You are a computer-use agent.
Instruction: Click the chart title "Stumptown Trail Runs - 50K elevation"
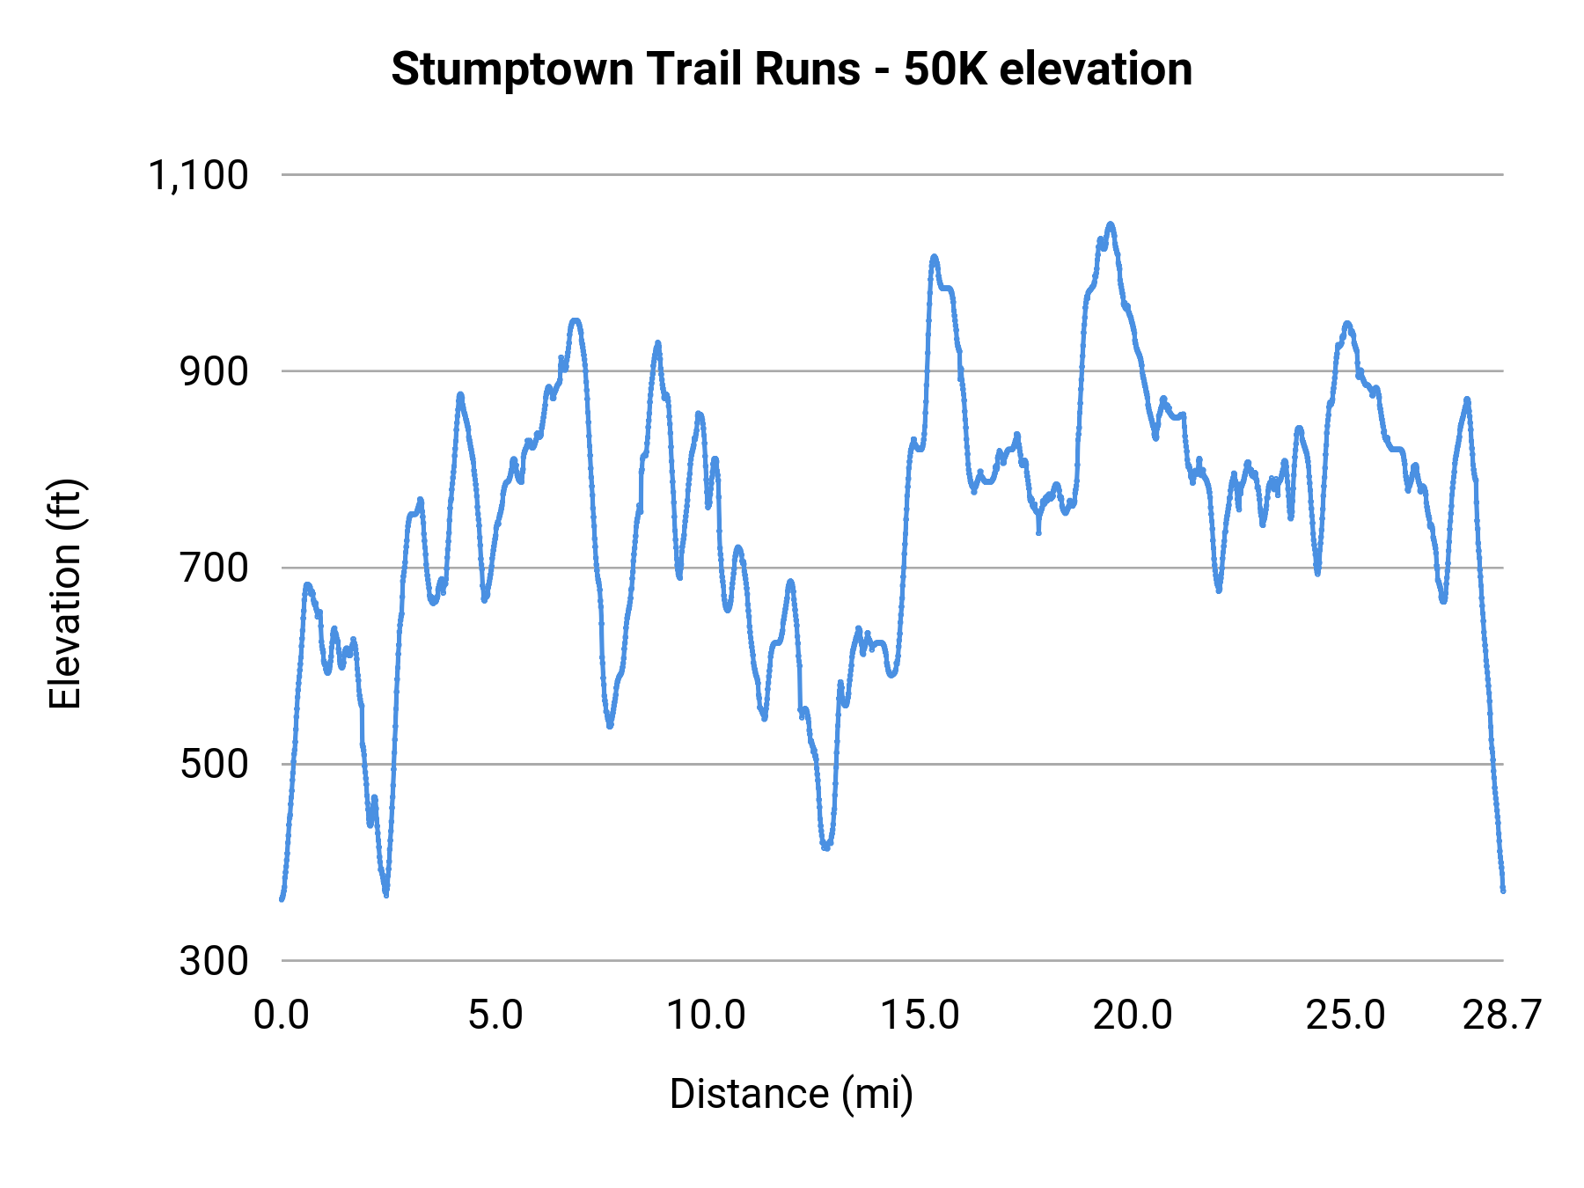[791, 69]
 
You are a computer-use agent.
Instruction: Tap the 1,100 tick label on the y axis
[199, 175]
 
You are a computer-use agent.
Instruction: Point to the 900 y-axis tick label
[215, 371]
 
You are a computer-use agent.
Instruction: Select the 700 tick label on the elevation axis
[215, 568]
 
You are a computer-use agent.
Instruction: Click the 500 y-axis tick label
[215, 764]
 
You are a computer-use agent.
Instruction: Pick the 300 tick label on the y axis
[215, 960]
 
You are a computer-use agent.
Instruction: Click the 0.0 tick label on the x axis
[282, 1016]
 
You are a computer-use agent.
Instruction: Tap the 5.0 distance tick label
[495, 1016]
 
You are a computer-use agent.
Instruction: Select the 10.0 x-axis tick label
[707, 1016]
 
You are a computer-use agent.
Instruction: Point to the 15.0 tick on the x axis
[920, 1016]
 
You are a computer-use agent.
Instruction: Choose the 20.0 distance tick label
[1133, 1016]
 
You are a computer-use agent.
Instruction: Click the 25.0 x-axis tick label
[1346, 1016]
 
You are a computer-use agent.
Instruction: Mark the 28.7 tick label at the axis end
[1502, 1016]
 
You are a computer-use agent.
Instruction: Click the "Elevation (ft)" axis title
[65, 594]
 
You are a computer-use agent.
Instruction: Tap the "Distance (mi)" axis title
[791, 1094]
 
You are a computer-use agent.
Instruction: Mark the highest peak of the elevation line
[1111, 224]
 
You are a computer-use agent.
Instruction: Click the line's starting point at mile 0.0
[282, 898]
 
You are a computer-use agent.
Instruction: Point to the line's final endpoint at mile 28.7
[1503, 891]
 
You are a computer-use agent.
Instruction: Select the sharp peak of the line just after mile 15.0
[934, 256]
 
